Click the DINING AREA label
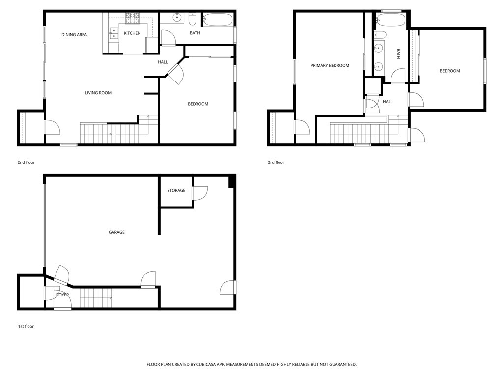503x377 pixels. point(74,35)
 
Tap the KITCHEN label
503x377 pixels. point(132,33)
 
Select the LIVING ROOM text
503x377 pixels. point(98,93)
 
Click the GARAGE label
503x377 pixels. point(116,232)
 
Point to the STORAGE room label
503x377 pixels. point(176,190)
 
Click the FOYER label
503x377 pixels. point(62,295)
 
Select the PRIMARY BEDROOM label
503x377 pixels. point(330,65)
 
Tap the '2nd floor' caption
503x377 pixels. point(26,162)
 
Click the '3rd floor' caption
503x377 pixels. point(276,162)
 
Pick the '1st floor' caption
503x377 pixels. point(26,326)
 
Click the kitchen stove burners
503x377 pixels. point(132,19)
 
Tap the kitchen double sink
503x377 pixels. point(113,33)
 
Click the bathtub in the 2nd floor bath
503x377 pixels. point(218,20)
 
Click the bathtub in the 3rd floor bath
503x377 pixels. point(391,21)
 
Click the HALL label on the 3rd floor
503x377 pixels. point(388,102)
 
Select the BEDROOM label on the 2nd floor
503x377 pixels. point(198,104)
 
